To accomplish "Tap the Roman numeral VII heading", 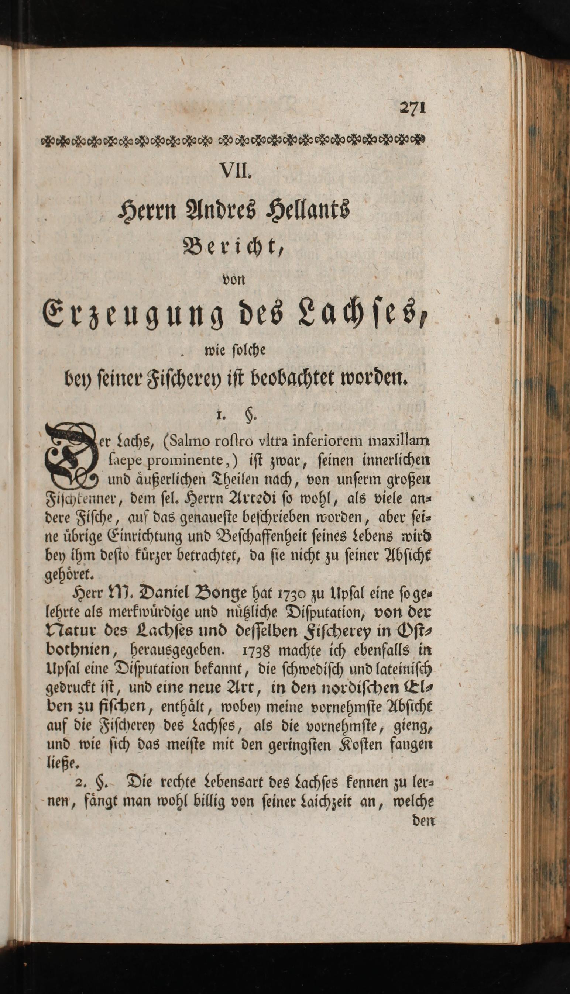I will click(234, 171).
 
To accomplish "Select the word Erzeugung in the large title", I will click(133, 315).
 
